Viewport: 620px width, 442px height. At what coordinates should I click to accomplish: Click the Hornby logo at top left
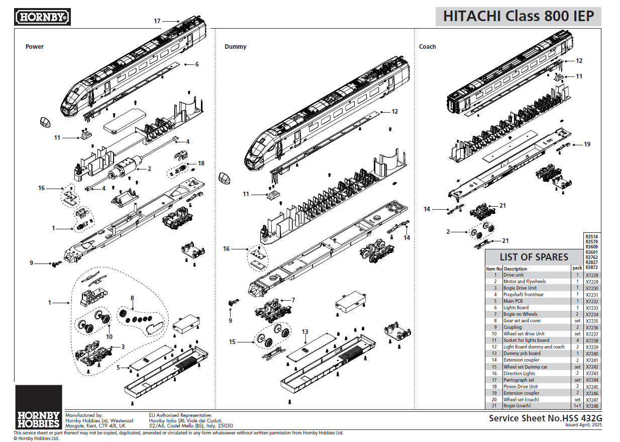pyautogui.click(x=43, y=18)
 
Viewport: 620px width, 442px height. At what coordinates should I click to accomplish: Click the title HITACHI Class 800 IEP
pyautogui.click(x=518, y=16)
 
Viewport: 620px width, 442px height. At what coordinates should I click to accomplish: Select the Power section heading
pyautogui.click(x=35, y=47)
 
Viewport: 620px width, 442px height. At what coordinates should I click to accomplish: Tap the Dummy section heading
pyautogui.click(x=235, y=47)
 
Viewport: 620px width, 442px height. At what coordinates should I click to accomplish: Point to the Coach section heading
pyautogui.click(x=428, y=47)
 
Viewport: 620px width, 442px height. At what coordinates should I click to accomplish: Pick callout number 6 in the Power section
pyautogui.click(x=197, y=64)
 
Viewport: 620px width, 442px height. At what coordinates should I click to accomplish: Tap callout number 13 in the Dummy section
pyautogui.click(x=305, y=332)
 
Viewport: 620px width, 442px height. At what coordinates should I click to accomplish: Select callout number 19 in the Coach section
pyautogui.click(x=587, y=144)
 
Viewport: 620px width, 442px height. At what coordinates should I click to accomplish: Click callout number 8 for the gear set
pyautogui.click(x=132, y=298)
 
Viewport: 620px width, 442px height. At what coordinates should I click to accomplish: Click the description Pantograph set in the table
pyautogui.click(x=519, y=380)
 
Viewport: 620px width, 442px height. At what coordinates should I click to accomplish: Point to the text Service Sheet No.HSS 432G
pyautogui.click(x=545, y=418)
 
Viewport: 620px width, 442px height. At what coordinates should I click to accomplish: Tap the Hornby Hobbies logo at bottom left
pyautogui.click(x=39, y=407)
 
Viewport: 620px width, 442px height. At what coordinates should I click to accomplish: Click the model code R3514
pyautogui.click(x=592, y=236)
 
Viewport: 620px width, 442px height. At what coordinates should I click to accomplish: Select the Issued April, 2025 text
pyautogui.click(x=583, y=425)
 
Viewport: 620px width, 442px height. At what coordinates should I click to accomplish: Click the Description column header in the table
pyautogui.click(x=515, y=269)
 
